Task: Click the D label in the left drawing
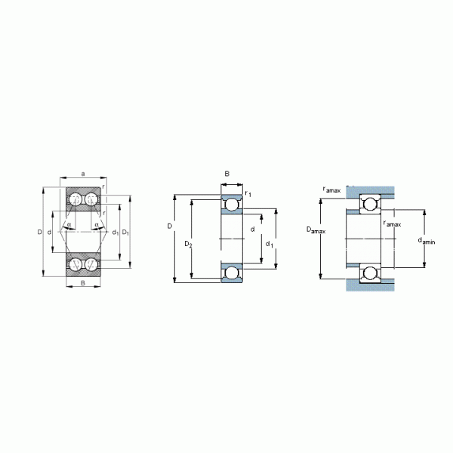(x=39, y=232)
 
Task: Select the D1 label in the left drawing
(x=126, y=232)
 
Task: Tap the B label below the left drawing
(x=82, y=283)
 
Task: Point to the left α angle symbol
(x=68, y=223)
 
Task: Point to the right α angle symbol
(x=97, y=223)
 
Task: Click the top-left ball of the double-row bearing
(x=75, y=200)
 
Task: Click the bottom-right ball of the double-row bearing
(x=90, y=264)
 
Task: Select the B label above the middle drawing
(x=226, y=175)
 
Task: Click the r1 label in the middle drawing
(x=248, y=195)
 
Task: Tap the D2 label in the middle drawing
(x=189, y=244)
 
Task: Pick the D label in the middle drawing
(x=170, y=226)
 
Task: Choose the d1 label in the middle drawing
(x=270, y=244)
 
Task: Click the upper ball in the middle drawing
(x=231, y=205)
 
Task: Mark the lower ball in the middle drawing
(x=231, y=272)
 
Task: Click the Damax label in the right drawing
(x=316, y=230)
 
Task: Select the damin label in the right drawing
(x=427, y=241)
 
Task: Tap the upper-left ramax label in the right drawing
(x=331, y=190)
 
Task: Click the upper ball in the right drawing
(x=370, y=205)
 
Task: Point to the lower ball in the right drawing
(x=370, y=273)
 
